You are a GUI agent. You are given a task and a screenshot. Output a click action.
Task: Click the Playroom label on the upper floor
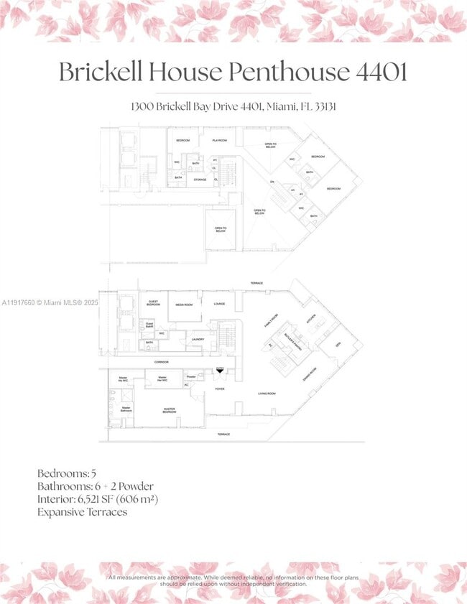pyautogui.click(x=219, y=141)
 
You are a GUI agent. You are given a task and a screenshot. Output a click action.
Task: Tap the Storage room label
pyautogui.click(x=200, y=180)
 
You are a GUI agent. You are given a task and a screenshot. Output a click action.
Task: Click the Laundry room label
pyautogui.click(x=198, y=340)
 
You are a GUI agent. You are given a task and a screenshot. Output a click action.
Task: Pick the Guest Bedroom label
pyautogui.click(x=154, y=303)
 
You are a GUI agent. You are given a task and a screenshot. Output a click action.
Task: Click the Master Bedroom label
pyautogui.click(x=169, y=411)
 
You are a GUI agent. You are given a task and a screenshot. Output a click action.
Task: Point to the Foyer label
pyautogui.click(x=220, y=389)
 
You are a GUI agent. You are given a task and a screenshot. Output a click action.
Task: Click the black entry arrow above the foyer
pyautogui.click(x=221, y=371)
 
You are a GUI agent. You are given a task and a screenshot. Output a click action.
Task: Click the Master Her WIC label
pyautogui.click(x=162, y=378)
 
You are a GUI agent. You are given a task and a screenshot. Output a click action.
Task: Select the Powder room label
pyautogui.click(x=190, y=376)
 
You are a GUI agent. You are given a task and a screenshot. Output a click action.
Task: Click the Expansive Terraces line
pyautogui.click(x=83, y=512)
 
